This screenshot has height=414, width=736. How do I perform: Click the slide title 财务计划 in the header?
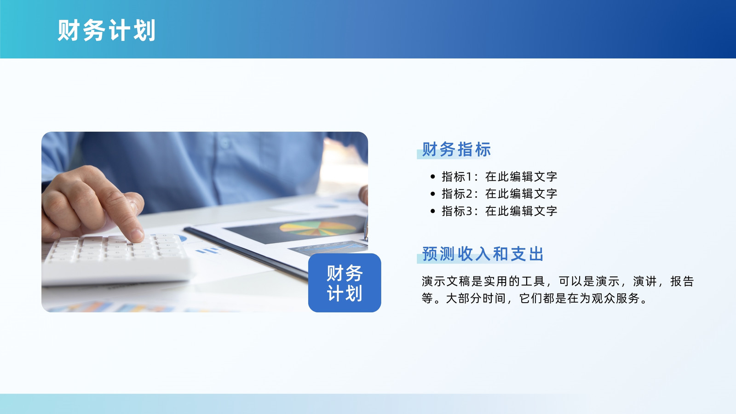point(106,30)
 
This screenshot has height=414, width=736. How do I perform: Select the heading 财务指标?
point(456,149)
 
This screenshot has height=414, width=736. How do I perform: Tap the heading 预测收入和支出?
point(483,254)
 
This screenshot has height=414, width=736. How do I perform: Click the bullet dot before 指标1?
point(433,177)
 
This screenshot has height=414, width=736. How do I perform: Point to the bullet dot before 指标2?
point(433,194)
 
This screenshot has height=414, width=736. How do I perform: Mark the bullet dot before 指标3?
point(433,211)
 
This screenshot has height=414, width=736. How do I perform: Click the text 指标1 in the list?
point(457,177)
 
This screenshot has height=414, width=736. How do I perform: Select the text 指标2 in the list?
point(457,194)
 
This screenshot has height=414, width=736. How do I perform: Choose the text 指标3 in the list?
point(457,211)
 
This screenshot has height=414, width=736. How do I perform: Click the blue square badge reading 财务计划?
point(345,282)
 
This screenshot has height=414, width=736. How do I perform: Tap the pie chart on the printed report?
point(318,228)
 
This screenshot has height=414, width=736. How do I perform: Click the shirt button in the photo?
point(225,143)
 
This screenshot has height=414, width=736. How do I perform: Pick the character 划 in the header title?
point(144,30)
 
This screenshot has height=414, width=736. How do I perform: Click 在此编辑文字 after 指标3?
point(521,211)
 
